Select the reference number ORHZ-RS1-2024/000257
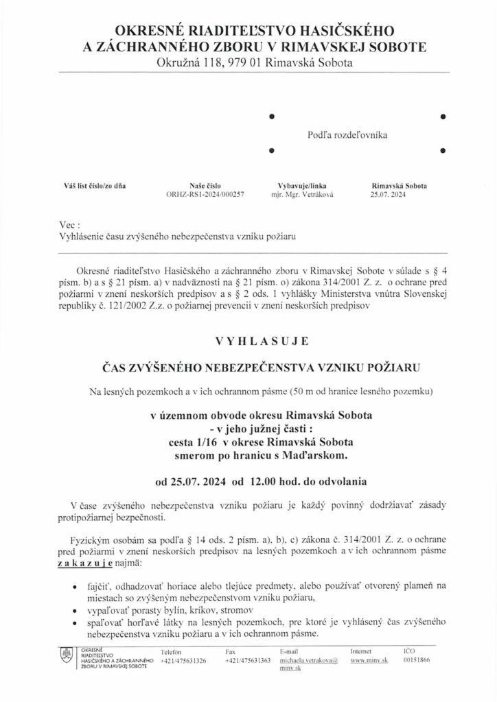pos(205,194)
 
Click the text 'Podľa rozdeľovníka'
pos(347,135)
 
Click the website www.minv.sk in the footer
pos(366,660)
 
